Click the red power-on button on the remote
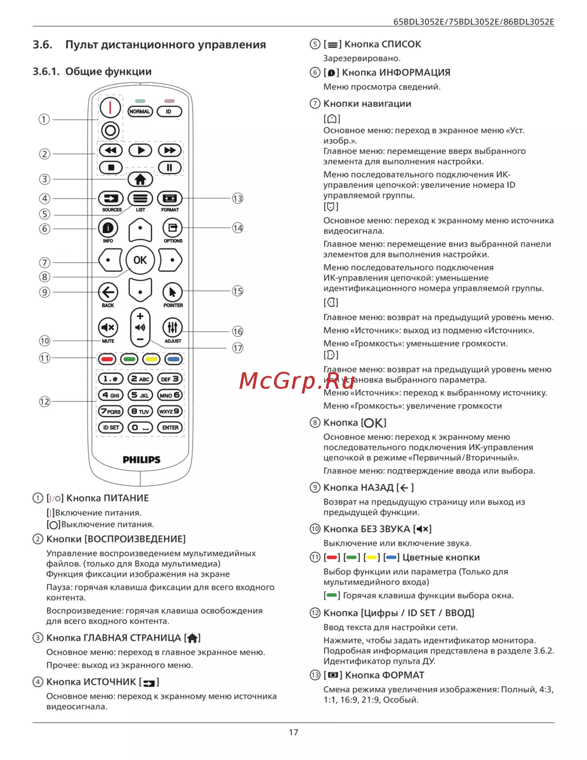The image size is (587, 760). (110, 108)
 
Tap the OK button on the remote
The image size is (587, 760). (140, 260)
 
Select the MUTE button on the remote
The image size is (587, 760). (108, 328)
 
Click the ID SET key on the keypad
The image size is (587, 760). (110, 428)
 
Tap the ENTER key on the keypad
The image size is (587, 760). (170, 428)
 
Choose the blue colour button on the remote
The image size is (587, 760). (173, 359)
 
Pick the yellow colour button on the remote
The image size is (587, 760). (151, 359)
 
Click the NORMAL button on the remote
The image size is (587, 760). (140, 112)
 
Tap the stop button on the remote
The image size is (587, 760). (111, 167)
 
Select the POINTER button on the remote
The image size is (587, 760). (173, 292)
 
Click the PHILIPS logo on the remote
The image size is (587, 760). (141, 460)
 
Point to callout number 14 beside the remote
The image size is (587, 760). (237, 228)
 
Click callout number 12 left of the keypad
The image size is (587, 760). (45, 402)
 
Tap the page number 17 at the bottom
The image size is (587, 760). (293, 732)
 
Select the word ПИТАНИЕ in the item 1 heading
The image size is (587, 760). (126, 498)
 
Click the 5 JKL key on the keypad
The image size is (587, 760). (140, 395)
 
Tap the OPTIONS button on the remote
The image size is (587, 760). (173, 228)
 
